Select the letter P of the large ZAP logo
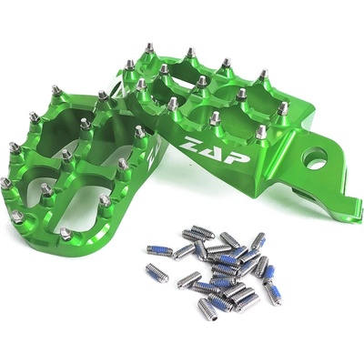(239, 157)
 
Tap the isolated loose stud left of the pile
(157, 273)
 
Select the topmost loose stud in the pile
(203, 232)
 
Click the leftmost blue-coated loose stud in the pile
(159, 250)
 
